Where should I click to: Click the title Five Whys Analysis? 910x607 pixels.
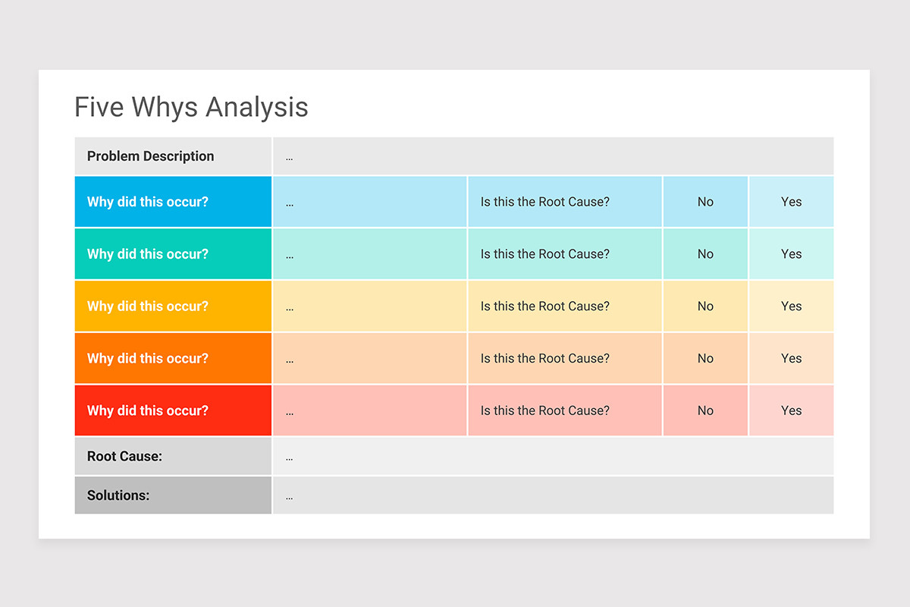[191, 107]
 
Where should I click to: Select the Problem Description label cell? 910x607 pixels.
[173, 156]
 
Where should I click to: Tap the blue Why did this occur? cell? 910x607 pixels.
[173, 202]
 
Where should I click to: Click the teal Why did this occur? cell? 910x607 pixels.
[173, 254]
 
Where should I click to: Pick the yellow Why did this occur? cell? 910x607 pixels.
[173, 307]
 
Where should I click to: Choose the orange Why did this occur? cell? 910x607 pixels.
[173, 358]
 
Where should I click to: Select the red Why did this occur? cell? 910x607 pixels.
[173, 410]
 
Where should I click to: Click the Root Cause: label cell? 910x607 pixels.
[173, 457]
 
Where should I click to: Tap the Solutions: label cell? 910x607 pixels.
[173, 495]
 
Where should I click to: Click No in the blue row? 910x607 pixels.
[705, 202]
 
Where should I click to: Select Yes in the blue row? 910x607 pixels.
[791, 202]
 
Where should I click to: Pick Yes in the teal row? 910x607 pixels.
[791, 254]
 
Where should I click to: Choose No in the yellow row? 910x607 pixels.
[705, 307]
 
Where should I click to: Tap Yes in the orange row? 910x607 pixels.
[791, 358]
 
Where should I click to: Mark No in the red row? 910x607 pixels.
[705, 410]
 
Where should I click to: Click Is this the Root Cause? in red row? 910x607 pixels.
[544, 410]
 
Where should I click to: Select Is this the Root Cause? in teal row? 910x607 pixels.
[544, 254]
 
